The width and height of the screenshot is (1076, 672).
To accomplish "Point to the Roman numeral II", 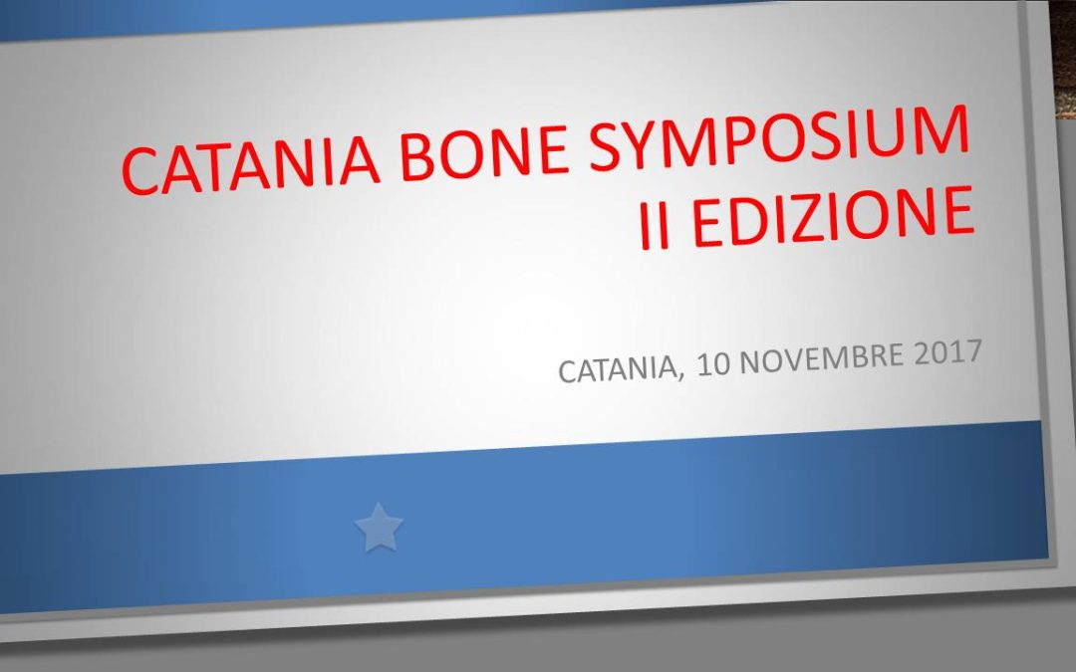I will tap(655, 229).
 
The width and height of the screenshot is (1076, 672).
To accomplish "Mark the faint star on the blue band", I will tap(379, 528).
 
